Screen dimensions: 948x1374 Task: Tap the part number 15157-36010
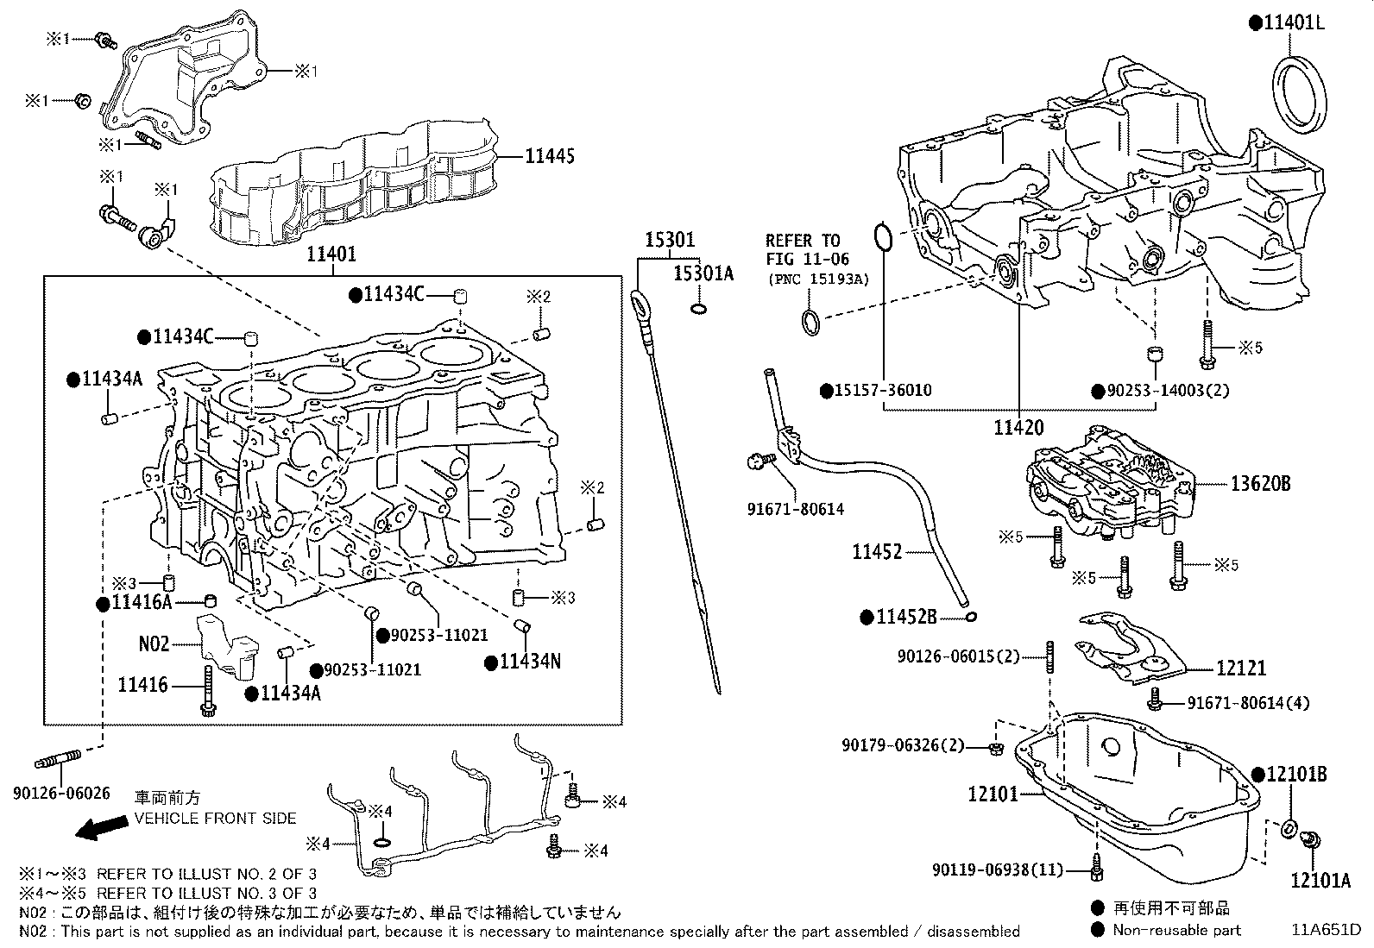coord(882,390)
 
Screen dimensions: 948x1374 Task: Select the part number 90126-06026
coord(61,792)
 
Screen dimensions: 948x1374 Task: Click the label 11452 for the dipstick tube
coord(877,551)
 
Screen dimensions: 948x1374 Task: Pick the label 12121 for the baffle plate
coord(1241,667)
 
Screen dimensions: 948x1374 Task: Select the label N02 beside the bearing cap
coord(154,644)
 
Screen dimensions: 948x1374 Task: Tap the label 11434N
coord(530,662)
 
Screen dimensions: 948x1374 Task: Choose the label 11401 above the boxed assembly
coord(332,255)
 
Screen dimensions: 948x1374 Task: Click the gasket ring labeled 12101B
coord(1286,829)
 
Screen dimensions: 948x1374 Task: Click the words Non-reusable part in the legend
coord(1176,930)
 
